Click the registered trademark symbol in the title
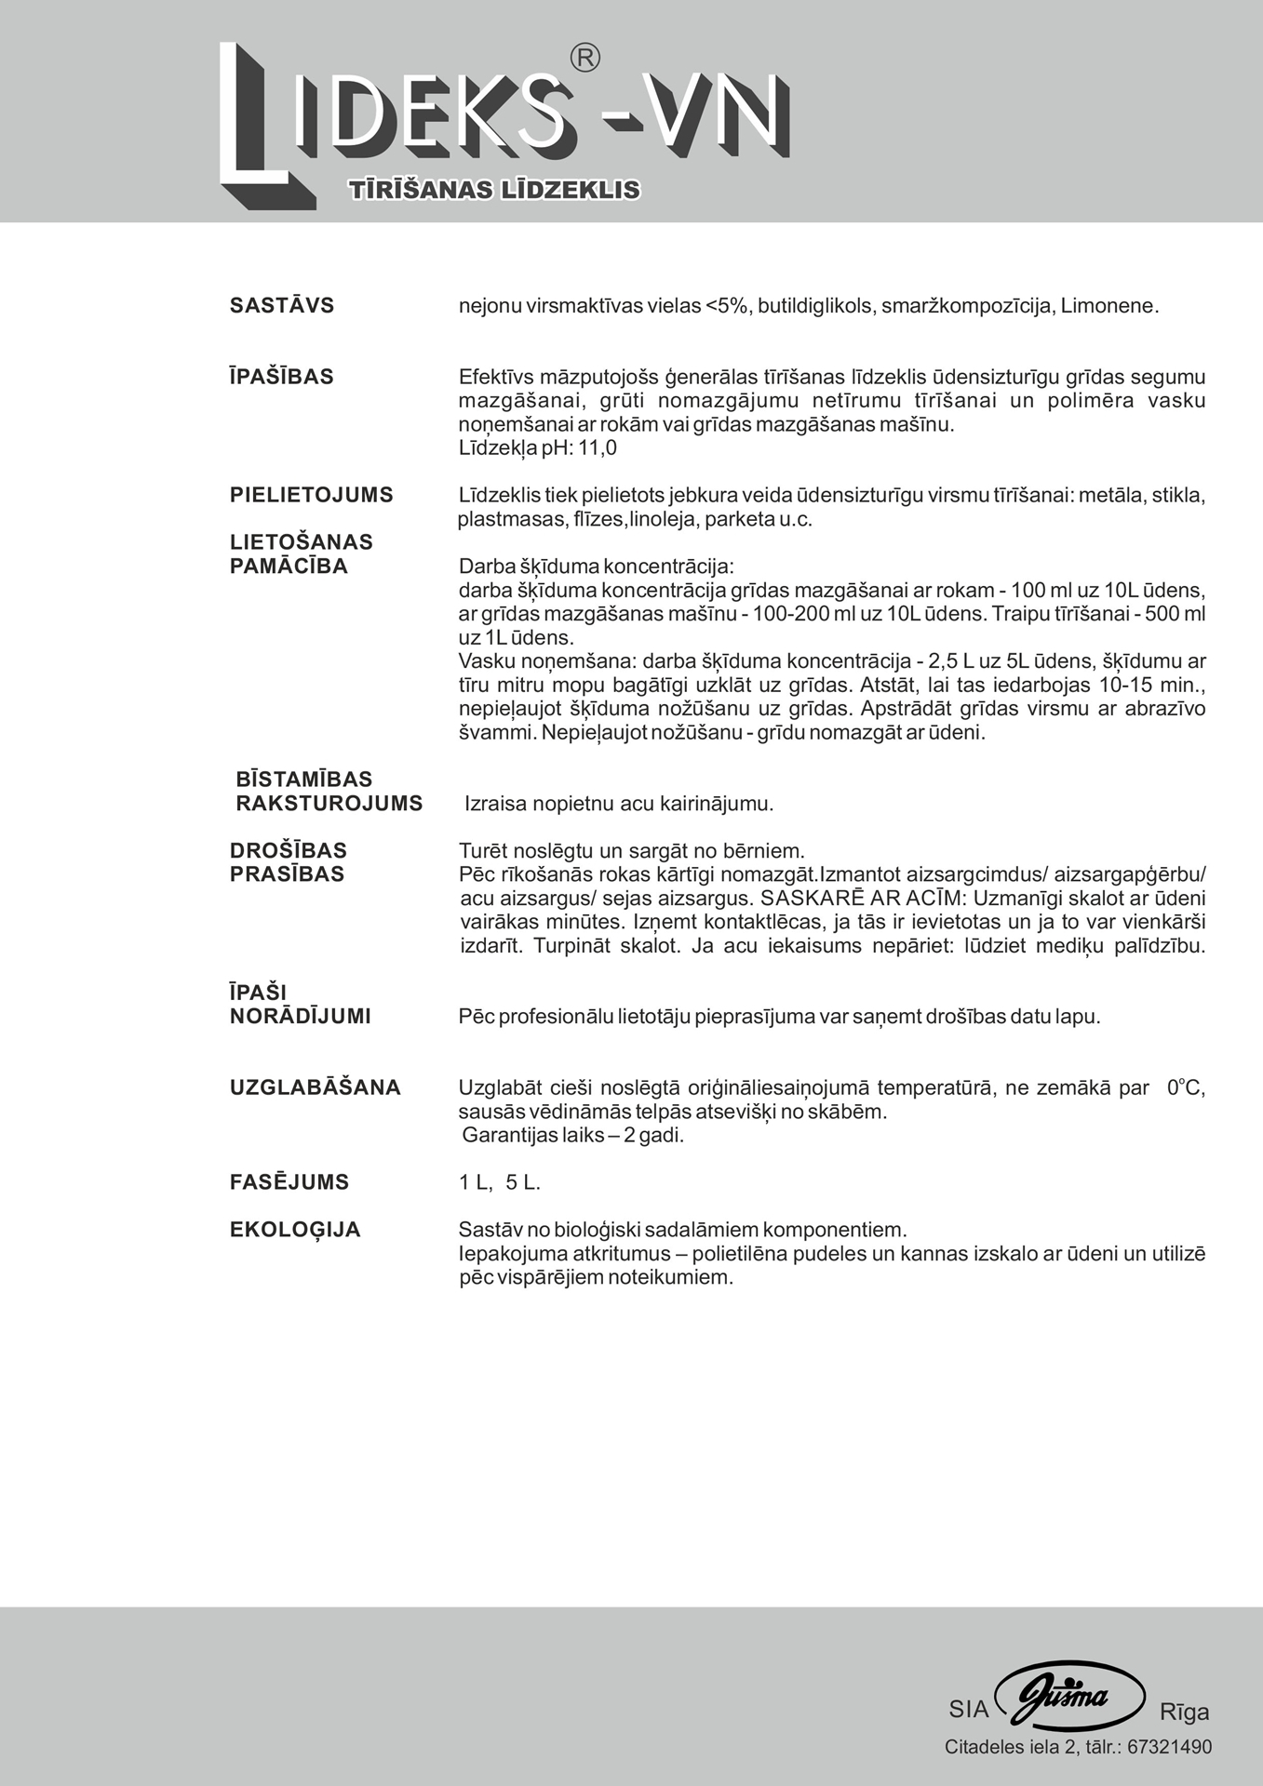(x=584, y=58)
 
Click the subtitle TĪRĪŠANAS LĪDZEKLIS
(x=494, y=190)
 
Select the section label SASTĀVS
(x=282, y=306)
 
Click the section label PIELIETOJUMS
(x=312, y=495)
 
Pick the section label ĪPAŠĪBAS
(x=282, y=377)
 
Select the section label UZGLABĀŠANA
(x=316, y=1087)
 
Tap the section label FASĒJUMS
(x=289, y=1182)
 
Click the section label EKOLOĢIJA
(x=295, y=1230)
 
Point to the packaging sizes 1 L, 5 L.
(x=500, y=1183)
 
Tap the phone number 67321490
(x=1169, y=1747)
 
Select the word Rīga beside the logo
(x=1184, y=1712)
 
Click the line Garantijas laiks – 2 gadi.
(x=573, y=1136)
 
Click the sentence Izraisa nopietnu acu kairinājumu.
(x=619, y=804)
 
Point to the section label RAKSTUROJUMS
(x=329, y=804)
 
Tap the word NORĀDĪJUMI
(x=301, y=1017)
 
